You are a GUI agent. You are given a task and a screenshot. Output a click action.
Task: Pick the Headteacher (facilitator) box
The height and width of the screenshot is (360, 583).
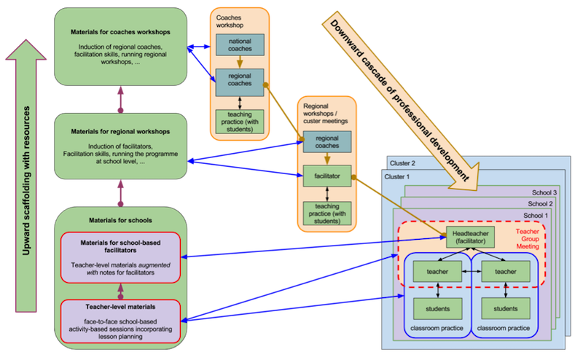click(x=471, y=237)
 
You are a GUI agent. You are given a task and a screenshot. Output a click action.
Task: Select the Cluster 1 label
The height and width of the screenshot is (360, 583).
click(x=399, y=176)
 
